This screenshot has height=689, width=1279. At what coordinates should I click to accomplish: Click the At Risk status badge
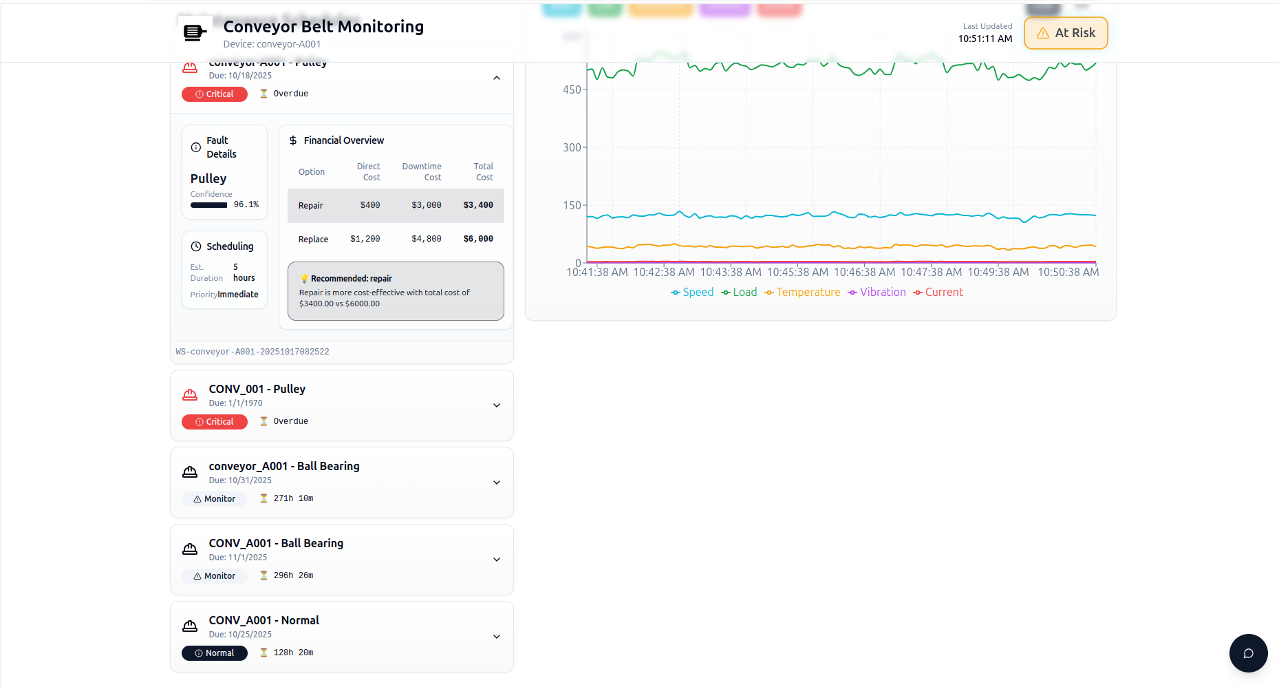pyautogui.click(x=1066, y=33)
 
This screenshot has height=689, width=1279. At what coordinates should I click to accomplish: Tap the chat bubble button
pyautogui.click(x=1248, y=653)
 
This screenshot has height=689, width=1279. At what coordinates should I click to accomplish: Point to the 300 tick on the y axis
pyautogui.click(x=572, y=147)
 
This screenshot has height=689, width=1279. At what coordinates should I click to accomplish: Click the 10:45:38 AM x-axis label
pyautogui.click(x=797, y=273)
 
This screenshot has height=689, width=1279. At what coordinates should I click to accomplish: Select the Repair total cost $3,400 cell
pyautogui.click(x=478, y=205)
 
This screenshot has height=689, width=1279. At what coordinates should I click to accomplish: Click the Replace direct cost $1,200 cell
pyautogui.click(x=365, y=240)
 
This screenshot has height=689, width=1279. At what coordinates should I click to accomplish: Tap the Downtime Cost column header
pyautogui.click(x=422, y=172)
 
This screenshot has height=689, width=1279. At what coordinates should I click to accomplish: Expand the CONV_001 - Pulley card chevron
pyautogui.click(x=497, y=405)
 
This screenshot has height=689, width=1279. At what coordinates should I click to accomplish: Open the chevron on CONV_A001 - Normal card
pyautogui.click(x=497, y=637)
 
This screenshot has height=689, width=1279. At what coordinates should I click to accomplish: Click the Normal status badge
pyautogui.click(x=215, y=653)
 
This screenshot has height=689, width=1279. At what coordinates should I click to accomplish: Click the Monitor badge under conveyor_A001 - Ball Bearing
pyautogui.click(x=215, y=499)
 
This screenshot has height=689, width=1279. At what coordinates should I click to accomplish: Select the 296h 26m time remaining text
pyautogui.click(x=293, y=575)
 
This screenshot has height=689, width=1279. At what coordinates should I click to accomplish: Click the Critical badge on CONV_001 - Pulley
pyautogui.click(x=215, y=422)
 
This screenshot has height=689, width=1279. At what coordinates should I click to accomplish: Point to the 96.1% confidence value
pyautogui.click(x=246, y=205)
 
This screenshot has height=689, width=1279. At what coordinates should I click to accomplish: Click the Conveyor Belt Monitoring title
pyautogui.click(x=323, y=27)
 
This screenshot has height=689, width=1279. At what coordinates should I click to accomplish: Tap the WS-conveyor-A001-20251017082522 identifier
pyautogui.click(x=252, y=352)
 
